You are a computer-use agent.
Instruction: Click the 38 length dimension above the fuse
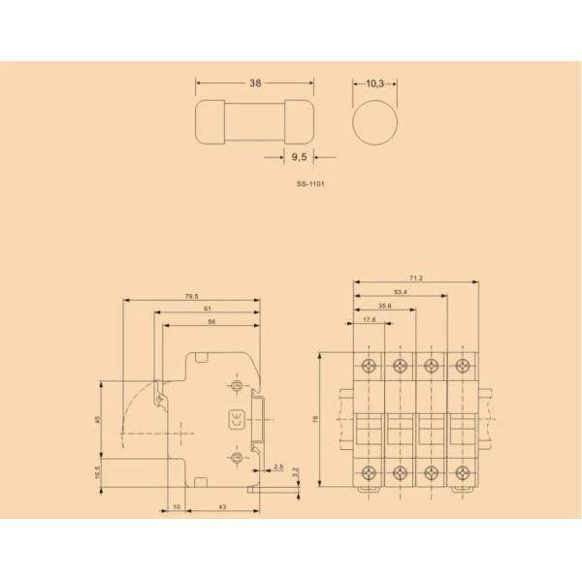(x=255, y=84)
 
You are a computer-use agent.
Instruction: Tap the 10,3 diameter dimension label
(x=375, y=84)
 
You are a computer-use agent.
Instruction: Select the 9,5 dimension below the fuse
(x=299, y=156)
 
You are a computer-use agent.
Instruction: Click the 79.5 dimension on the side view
(x=191, y=297)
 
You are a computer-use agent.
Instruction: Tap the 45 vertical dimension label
(x=97, y=419)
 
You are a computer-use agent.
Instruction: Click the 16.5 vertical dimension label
(x=97, y=472)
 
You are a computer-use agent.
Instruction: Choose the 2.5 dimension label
(x=278, y=468)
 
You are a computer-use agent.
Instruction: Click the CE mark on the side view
(x=236, y=420)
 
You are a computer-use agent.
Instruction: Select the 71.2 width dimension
(x=417, y=278)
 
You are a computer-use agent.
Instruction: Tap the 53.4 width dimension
(x=400, y=291)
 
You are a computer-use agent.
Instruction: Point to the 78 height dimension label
(x=315, y=419)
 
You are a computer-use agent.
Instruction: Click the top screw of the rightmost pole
(x=462, y=366)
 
